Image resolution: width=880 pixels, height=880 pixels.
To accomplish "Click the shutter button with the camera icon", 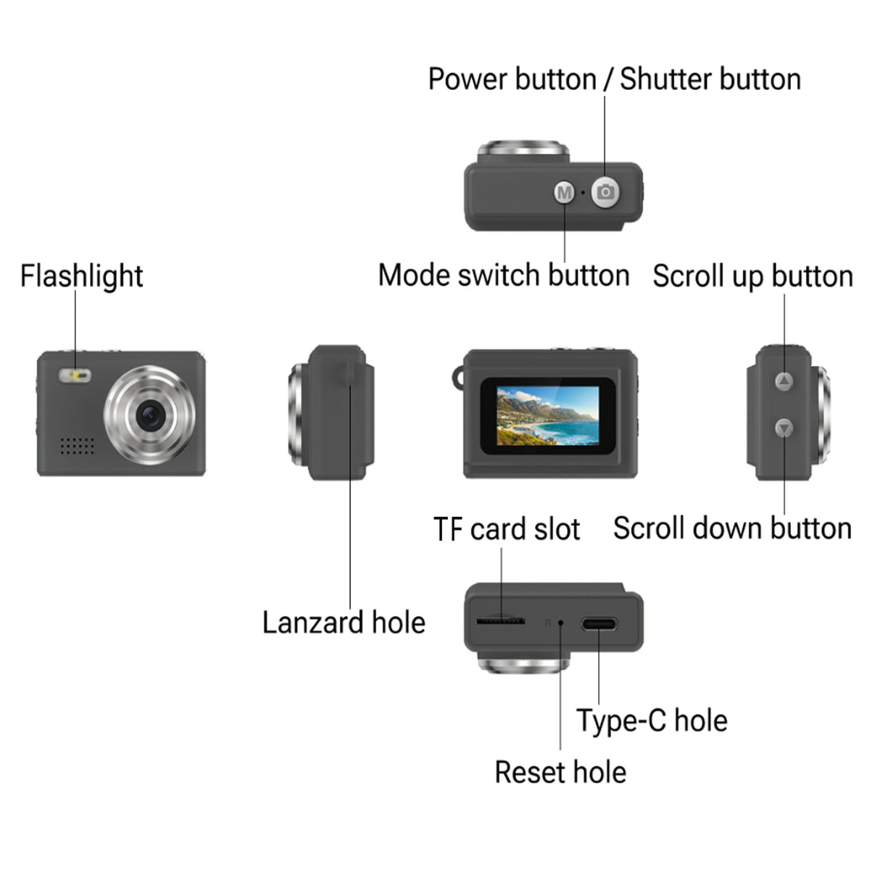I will (605, 192).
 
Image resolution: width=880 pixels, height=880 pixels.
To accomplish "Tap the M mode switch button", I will (564, 193).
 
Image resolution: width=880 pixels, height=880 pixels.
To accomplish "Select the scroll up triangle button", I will (784, 381).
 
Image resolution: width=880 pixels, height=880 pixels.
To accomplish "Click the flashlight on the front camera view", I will (75, 375).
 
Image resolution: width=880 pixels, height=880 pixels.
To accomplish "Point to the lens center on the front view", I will (151, 415).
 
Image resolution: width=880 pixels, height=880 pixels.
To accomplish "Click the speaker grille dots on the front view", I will (77, 445).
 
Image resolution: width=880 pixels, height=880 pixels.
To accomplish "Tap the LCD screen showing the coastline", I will (548, 415).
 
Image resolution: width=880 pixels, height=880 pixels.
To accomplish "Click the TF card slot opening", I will (500, 620).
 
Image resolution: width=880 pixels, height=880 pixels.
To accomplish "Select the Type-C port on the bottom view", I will (599, 623).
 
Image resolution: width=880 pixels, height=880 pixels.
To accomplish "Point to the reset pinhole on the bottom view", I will (560, 623).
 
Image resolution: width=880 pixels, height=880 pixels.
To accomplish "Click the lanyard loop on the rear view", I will (457, 378).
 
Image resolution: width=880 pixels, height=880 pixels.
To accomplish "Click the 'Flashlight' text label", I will (81, 276).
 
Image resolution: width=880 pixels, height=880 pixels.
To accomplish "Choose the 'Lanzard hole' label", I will (344, 623).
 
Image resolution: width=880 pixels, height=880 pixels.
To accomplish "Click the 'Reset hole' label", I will (560, 772).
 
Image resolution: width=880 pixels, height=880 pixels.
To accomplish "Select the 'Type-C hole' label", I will (652, 721).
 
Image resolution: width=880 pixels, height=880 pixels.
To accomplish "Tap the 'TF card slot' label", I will (507, 529).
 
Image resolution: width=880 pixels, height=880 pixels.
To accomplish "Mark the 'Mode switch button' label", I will (504, 275).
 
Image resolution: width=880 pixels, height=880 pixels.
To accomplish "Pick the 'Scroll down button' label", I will (732, 528).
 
